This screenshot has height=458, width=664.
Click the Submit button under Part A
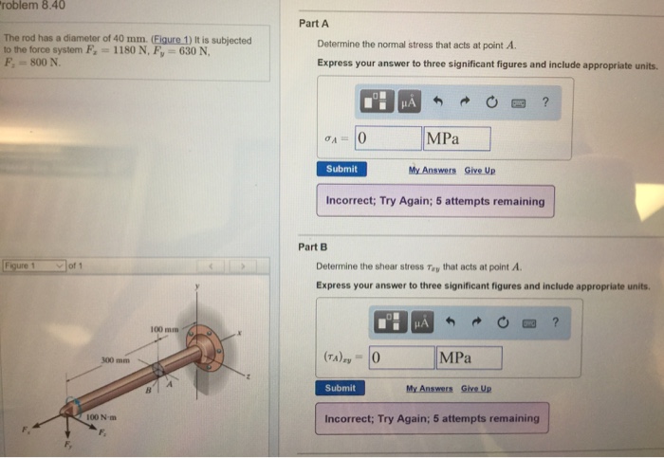coord(341,170)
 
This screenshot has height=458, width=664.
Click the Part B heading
coord(313,247)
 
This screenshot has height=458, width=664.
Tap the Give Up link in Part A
coord(480,170)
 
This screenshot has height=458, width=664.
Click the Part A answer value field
coord(387,139)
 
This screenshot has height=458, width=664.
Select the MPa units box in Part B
coord(469,358)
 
